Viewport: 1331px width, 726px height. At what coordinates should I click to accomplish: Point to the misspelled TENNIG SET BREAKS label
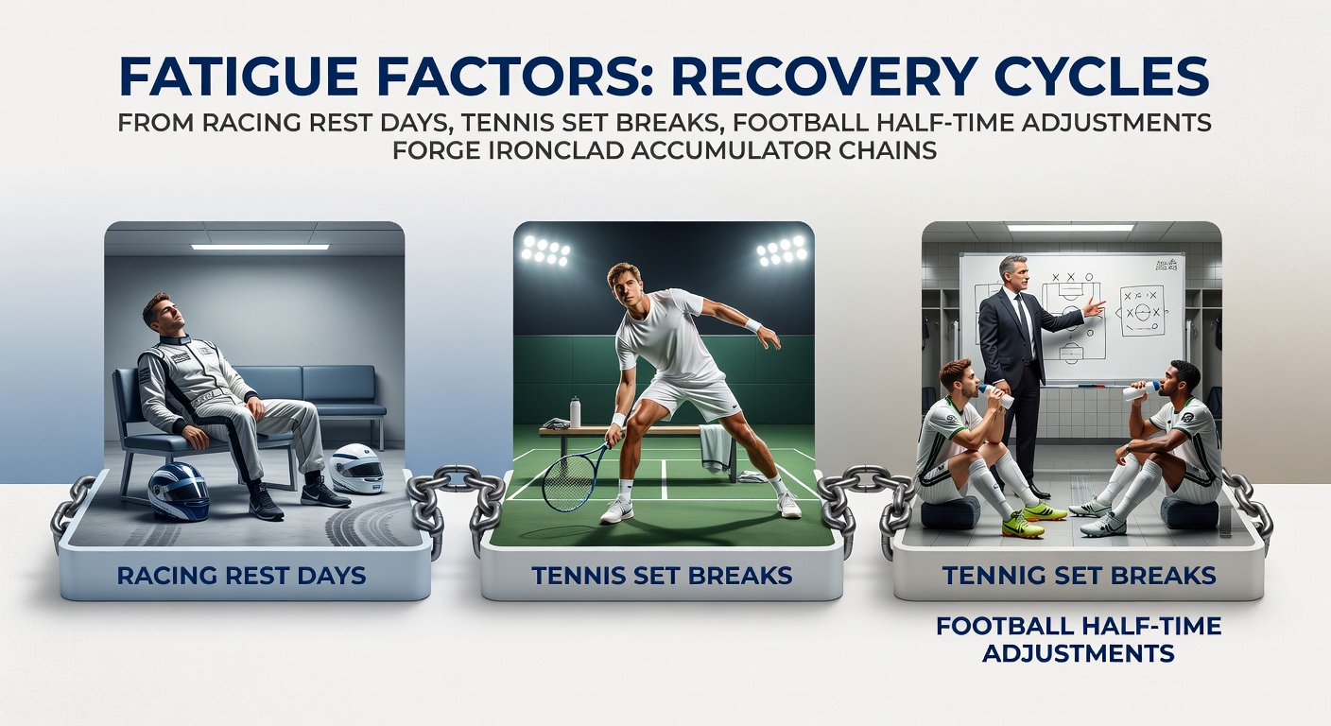point(1078,574)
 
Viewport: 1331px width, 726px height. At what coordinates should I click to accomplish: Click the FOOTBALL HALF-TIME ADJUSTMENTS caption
point(1078,638)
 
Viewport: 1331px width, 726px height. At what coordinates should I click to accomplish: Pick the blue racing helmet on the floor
point(178,491)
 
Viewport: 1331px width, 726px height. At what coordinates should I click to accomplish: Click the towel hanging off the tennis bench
point(716,446)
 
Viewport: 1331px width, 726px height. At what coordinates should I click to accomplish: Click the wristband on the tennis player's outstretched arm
point(752,325)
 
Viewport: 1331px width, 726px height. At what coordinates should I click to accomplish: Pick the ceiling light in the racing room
point(259,246)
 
